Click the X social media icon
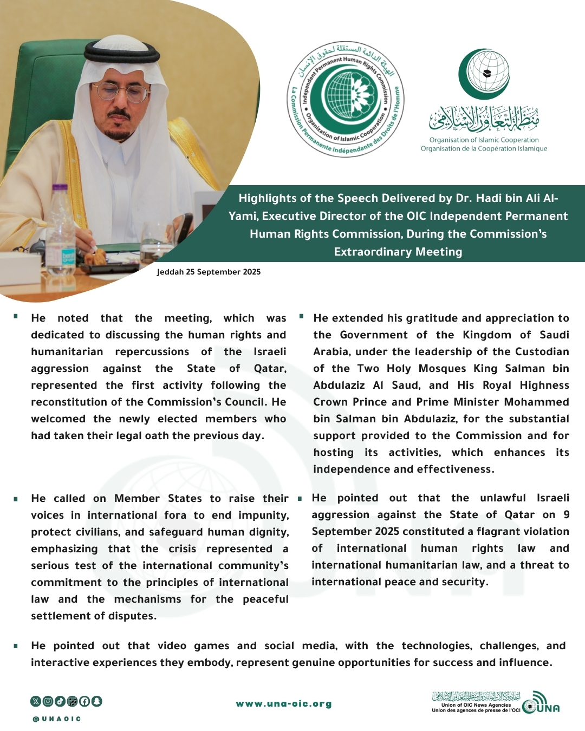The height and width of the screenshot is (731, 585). click(36, 701)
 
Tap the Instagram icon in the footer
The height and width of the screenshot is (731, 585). click(48, 701)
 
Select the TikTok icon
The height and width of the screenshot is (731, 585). click(60, 701)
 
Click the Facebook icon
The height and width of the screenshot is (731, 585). click(84, 701)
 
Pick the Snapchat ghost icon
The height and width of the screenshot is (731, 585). click(96, 701)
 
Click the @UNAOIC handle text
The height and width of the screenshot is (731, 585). click(57, 719)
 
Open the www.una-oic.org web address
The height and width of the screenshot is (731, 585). click(284, 704)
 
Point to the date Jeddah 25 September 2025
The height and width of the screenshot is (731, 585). click(209, 272)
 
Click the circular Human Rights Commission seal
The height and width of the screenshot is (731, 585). click(346, 99)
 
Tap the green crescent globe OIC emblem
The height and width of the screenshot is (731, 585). click(484, 74)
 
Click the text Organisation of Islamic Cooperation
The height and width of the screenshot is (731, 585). click(484, 140)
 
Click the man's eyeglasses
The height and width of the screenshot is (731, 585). click(120, 92)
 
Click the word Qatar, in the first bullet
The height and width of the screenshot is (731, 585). click(270, 369)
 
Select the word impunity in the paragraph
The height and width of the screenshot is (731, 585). click(264, 515)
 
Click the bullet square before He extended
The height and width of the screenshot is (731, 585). click(301, 316)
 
